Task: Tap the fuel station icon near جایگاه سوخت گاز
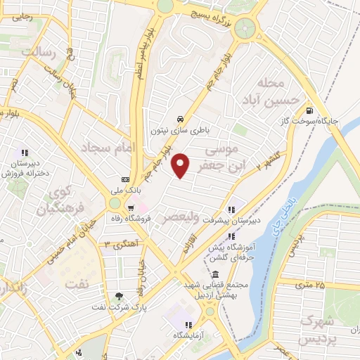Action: click(309, 110)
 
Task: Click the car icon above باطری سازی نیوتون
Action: click(181, 118)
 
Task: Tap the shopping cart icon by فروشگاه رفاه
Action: click(131, 207)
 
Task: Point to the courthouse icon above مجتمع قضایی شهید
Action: click(214, 274)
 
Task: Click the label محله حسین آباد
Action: click(279, 91)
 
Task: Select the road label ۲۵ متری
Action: click(310, 285)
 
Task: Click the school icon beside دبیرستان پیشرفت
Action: click(231, 209)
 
